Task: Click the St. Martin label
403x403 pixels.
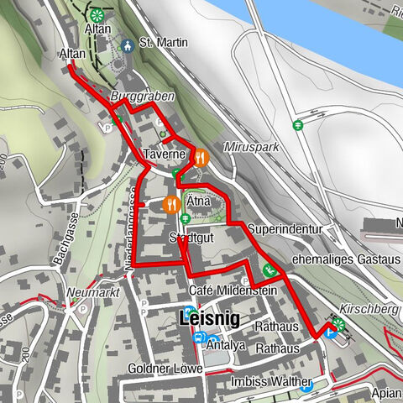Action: tap(157, 43)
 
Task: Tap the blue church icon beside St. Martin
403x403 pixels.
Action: tap(127, 44)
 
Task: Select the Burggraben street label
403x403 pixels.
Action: tap(142, 97)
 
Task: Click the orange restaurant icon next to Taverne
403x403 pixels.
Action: tap(200, 155)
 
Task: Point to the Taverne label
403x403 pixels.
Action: tap(163, 155)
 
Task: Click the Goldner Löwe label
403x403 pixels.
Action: tap(165, 369)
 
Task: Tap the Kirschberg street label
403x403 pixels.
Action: tap(369, 309)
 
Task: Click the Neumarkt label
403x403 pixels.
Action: tap(92, 293)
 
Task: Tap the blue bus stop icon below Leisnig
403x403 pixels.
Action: tap(199, 338)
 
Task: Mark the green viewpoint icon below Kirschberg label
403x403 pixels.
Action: tap(338, 322)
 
